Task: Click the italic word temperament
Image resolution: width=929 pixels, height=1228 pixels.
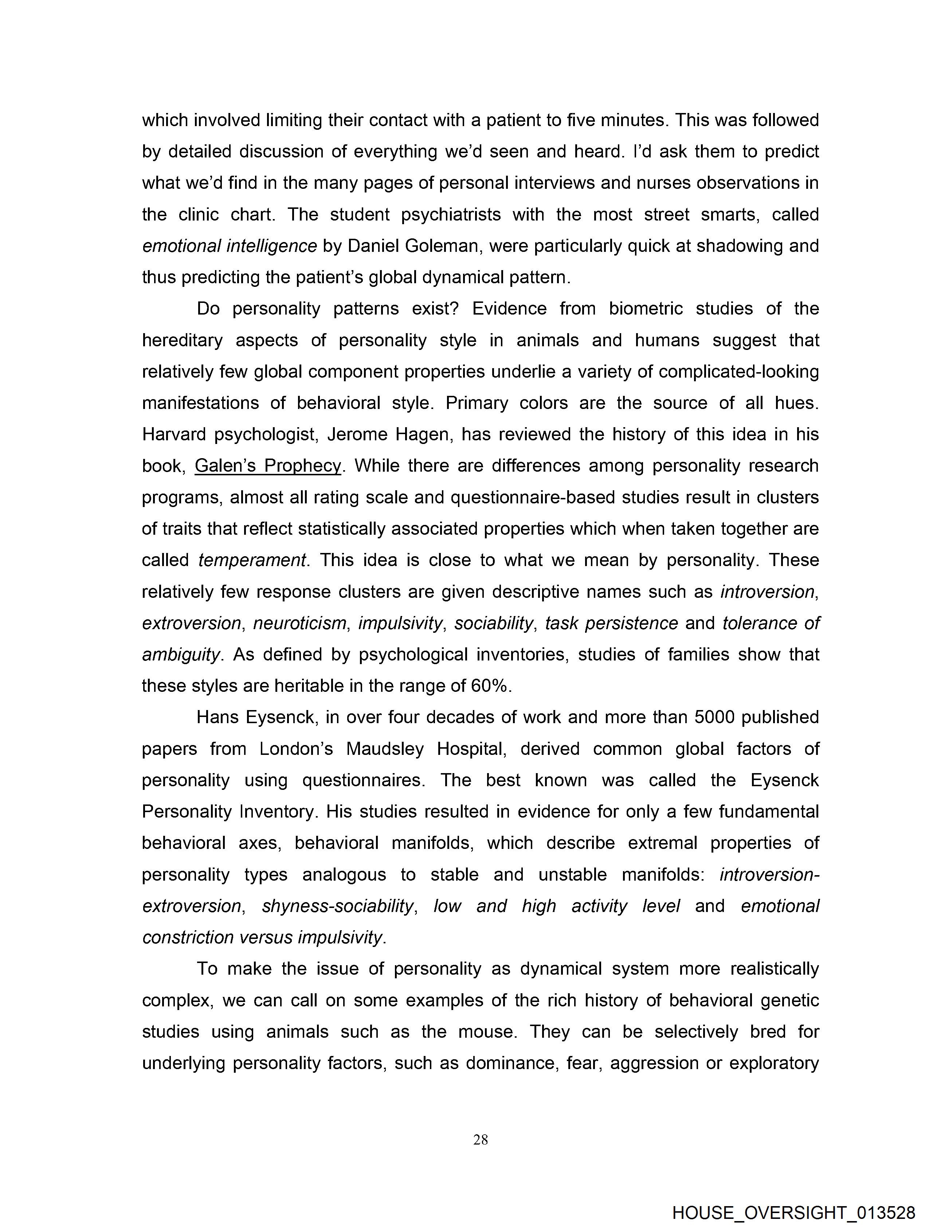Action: click(x=252, y=560)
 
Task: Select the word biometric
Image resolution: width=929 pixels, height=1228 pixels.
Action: click(x=646, y=309)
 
